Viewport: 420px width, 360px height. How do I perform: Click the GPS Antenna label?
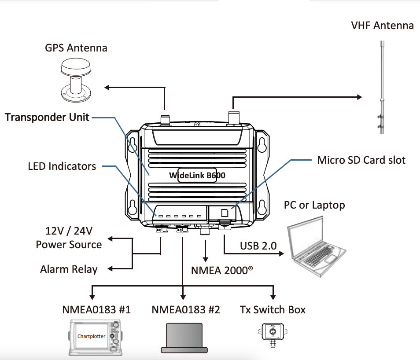(76, 48)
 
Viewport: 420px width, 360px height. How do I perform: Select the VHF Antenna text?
(382, 26)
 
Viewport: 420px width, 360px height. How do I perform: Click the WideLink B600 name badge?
(197, 175)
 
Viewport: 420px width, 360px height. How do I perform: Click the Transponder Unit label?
(47, 117)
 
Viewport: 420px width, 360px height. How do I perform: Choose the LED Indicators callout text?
(62, 166)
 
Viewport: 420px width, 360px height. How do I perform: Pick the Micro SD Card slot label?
(361, 160)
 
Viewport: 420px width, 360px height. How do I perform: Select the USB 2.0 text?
(258, 246)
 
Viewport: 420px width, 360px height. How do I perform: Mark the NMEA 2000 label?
(222, 270)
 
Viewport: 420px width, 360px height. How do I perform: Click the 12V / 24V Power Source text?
(69, 238)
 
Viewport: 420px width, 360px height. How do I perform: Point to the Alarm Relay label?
(69, 269)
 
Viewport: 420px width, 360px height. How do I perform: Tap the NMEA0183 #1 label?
(96, 310)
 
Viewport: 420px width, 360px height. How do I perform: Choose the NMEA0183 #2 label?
(185, 310)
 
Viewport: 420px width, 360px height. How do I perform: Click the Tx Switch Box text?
(273, 310)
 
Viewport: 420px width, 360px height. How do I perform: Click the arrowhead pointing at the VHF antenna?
(358, 96)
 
